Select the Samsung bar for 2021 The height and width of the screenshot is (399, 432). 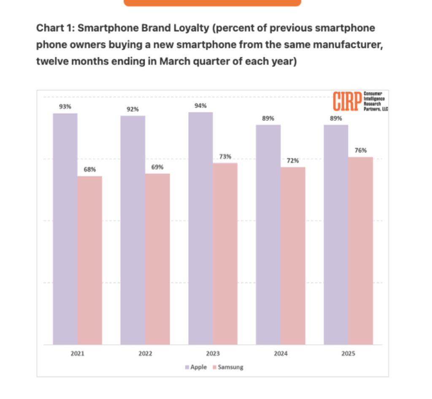coord(89,260)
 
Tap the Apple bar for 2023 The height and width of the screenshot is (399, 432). coord(200,228)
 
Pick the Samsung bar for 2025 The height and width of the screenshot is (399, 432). coord(361,251)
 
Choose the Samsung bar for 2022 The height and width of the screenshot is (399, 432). coord(157,259)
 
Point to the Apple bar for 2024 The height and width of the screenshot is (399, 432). coord(268,234)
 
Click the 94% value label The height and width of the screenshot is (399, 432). coord(200,106)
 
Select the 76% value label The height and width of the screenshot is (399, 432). coord(361,150)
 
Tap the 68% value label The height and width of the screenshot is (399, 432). coord(89,169)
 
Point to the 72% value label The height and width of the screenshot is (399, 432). coord(293,160)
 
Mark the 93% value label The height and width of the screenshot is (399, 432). coord(65,107)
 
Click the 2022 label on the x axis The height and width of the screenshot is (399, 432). coord(145,354)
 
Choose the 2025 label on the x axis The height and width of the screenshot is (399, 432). coord(348,354)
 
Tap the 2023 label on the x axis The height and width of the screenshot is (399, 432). coord(213,354)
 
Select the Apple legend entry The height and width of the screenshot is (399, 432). coord(196,367)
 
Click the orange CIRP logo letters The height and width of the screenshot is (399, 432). coord(347,101)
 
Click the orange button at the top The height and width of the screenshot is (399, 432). coord(212,3)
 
